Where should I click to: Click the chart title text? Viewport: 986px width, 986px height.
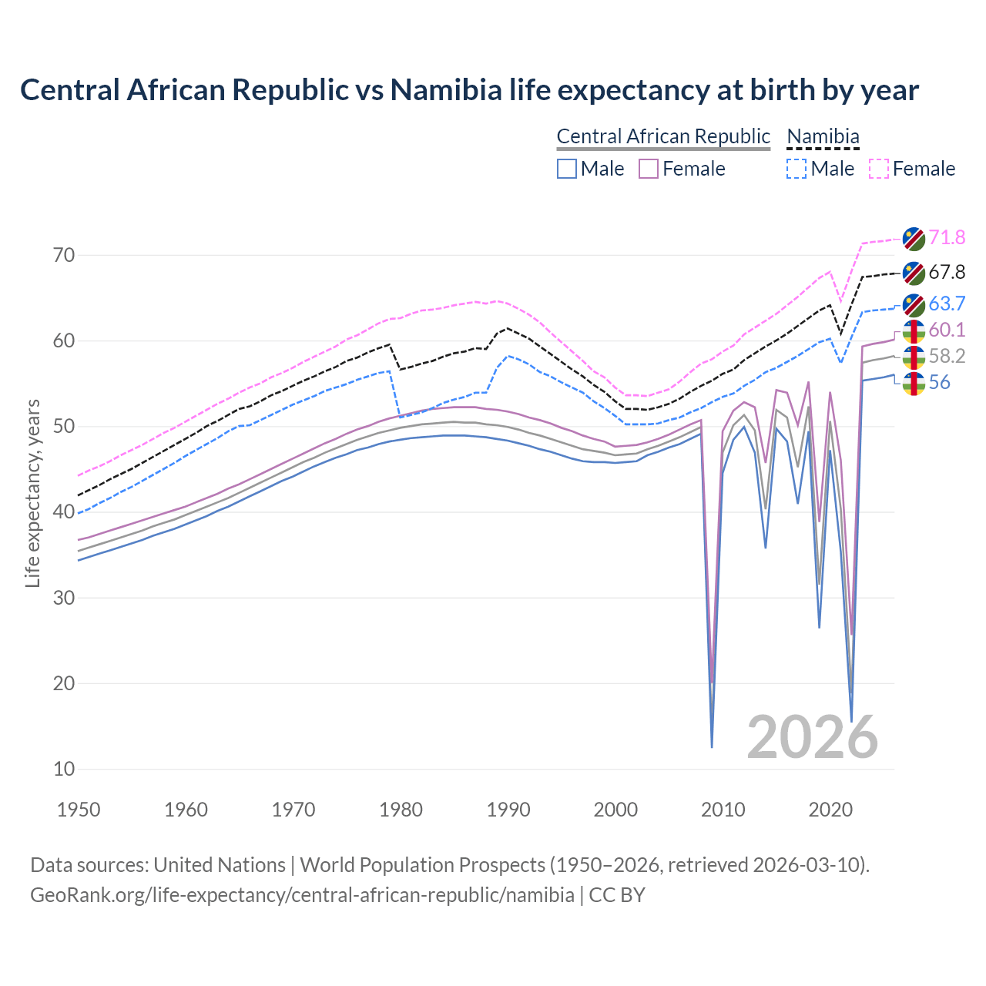pyautogui.click(x=469, y=90)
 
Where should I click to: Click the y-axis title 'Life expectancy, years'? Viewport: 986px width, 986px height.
pyautogui.click(x=32, y=493)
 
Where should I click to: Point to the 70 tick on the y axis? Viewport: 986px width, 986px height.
pyautogui.click(x=64, y=255)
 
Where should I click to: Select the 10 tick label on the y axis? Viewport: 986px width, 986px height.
pyautogui.click(x=64, y=769)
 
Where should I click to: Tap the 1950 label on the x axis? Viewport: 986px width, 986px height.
pyautogui.click(x=79, y=810)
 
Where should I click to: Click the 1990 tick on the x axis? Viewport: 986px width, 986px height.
pyautogui.click(x=508, y=810)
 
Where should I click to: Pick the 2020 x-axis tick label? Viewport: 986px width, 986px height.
pyautogui.click(x=830, y=810)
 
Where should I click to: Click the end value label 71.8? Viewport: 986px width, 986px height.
pyautogui.click(x=947, y=237)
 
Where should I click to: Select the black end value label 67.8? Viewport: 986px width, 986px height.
pyautogui.click(x=947, y=272)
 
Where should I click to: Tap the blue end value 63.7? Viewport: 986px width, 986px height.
pyautogui.click(x=947, y=304)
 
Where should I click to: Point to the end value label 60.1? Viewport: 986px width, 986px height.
pyautogui.click(x=947, y=330)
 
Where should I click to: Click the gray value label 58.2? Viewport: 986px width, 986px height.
pyautogui.click(x=947, y=356)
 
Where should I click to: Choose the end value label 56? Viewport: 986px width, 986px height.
pyautogui.click(x=939, y=382)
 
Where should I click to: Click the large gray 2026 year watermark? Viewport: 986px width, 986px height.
pyautogui.click(x=812, y=737)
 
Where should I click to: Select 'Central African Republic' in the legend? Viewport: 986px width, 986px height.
pyautogui.click(x=662, y=136)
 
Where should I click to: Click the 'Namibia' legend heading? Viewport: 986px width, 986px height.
pyautogui.click(x=822, y=136)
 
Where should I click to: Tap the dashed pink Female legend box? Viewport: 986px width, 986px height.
pyautogui.click(x=879, y=169)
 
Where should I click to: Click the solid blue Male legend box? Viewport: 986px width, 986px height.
pyautogui.click(x=567, y=169)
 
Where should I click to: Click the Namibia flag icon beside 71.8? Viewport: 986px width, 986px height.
pyautogui.click(x=914, y=238)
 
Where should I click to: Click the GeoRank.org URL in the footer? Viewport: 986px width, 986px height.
pyautogui.click(x=302, y=895)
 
